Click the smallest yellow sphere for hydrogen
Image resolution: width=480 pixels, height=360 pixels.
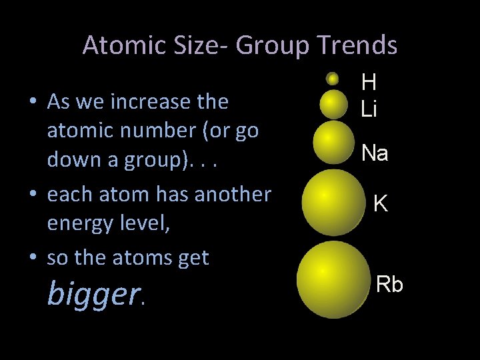click(x=332, y=79)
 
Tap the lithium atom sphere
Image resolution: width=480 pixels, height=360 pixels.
click(x=333, y=104)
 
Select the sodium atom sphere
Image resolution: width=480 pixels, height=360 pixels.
click(x=333, y=143)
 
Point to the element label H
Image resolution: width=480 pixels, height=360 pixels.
click(x=369, y=83)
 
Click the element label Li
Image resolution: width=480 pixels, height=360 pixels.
click(x=369, y=109)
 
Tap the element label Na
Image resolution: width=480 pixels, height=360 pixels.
click(x=375, y=153)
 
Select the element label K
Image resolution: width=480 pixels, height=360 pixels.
click(x=381, y=203)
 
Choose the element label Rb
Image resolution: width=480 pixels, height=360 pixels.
click(x=390, y=284)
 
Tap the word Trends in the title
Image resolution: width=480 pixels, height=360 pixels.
click(x=357, y=45)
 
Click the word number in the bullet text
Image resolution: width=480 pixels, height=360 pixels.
click(x=163, y=131)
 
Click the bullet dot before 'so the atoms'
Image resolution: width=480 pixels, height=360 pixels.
click(x=33, y=257)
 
